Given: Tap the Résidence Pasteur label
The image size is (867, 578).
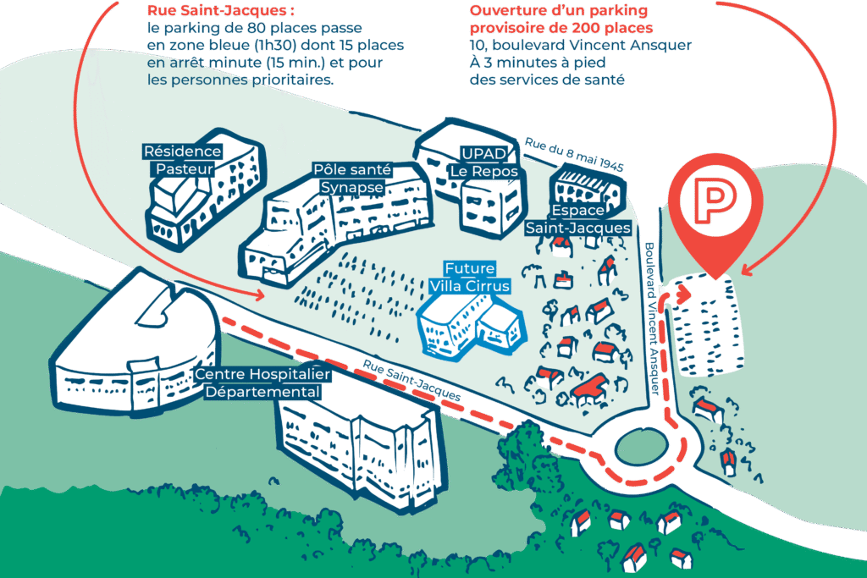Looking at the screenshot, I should (182, 160).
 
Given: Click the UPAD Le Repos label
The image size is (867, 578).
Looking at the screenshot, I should (483, 162).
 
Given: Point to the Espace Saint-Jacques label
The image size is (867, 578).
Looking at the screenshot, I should (578, 219).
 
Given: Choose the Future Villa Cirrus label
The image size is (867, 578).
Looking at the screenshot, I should (470, 278).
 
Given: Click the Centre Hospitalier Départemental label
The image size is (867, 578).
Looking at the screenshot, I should (262, 383).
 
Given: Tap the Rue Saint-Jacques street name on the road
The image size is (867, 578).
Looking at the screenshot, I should (412, 381).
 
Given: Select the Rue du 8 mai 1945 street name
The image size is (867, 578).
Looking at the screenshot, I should (573, 156).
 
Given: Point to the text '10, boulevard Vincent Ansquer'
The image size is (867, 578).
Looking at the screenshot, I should (581, 45).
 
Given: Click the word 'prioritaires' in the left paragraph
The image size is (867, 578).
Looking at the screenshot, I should (292, 80).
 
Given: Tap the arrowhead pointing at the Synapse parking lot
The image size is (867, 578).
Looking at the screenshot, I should (260, 294).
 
